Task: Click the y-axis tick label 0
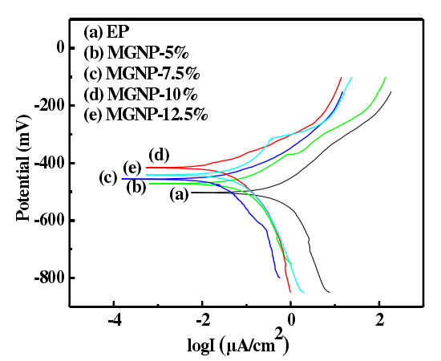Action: [58, 47]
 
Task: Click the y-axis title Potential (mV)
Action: [23, 165]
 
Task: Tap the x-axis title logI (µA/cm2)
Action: [238, 344]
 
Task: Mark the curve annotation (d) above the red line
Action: [158, 154]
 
